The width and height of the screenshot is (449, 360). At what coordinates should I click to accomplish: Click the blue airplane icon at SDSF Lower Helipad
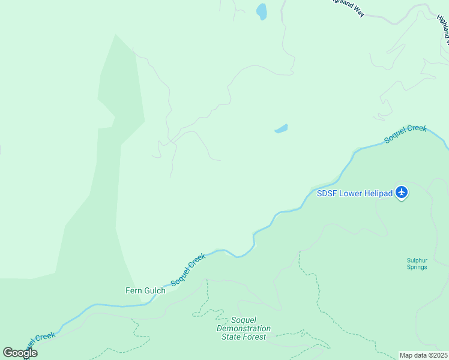[402, 193]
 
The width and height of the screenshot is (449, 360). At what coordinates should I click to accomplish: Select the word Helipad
[378, 193]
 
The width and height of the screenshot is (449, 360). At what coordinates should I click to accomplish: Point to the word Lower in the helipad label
[350, 193]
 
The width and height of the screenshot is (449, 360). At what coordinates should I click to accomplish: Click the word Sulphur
[417, 260]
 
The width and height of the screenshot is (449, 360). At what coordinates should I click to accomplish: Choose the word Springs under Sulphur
[417, 267]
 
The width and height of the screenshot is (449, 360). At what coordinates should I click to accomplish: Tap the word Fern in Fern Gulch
[133, 291]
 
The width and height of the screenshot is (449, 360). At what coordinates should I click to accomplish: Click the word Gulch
[154, 291]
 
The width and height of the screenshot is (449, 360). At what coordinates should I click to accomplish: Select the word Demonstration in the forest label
[244, 329]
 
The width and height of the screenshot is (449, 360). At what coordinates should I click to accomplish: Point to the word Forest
[254, 337]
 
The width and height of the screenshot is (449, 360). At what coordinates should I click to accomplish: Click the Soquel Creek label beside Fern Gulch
[188, 269]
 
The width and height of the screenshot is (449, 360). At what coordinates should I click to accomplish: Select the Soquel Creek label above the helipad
[405, 133]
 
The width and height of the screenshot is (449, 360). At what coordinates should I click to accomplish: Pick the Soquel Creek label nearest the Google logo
[37, 342]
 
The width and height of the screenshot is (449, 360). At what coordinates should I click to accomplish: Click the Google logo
[20, 353]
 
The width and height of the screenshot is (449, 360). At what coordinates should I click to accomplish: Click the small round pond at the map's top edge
[262, 11]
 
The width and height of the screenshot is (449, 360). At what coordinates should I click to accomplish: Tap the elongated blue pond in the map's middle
[281, 128]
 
